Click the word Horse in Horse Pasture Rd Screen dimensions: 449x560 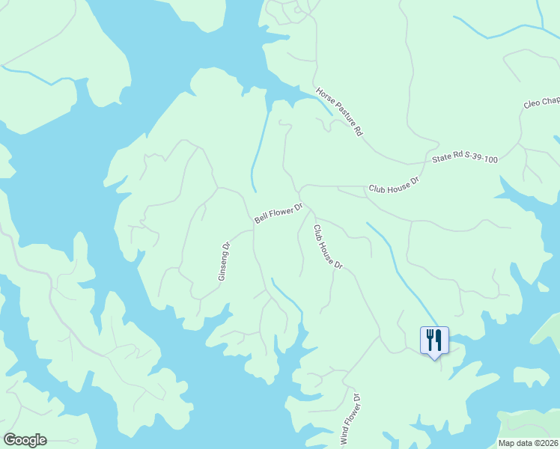point(325,96)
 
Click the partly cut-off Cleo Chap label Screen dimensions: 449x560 point(541,102)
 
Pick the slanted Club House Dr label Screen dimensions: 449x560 point(327,247)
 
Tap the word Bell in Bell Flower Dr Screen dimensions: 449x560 point(261,219)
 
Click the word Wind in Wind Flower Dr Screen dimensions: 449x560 point(345,436)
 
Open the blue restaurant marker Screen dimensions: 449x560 point(434,341)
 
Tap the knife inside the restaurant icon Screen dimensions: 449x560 point(439,340)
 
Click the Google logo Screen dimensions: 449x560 point(25,440)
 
